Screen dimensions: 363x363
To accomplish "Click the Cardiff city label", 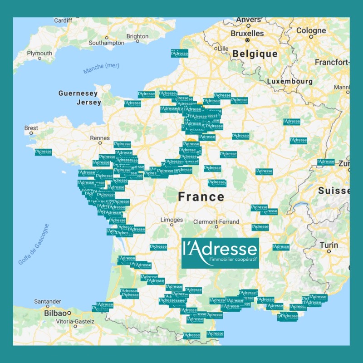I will point(63,20).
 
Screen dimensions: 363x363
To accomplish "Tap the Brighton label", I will point(137,36).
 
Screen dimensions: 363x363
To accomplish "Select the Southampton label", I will point(107,43).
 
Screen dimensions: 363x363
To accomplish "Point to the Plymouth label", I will point(39,53).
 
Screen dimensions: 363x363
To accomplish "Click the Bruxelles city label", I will point(247,34).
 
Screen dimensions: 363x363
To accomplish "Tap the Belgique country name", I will point(255,54).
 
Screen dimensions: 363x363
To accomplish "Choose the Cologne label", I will point(311,30).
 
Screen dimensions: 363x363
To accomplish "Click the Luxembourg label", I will point(289,81).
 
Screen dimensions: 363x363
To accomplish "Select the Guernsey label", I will point(78,93).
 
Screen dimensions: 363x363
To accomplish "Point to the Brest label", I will point(31,128).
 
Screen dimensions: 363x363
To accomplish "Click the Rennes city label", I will point(100,138).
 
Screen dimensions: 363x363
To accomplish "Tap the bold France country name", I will point(201,196).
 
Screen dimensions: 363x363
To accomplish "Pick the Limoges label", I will point(172,220).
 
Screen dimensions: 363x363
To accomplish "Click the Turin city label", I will point(329,245).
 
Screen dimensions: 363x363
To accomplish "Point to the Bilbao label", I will point(55,313).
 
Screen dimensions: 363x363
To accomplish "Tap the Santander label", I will point(48,301).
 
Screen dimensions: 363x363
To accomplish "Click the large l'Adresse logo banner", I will point(220,253).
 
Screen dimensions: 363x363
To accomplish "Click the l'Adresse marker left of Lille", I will point(179,53).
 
